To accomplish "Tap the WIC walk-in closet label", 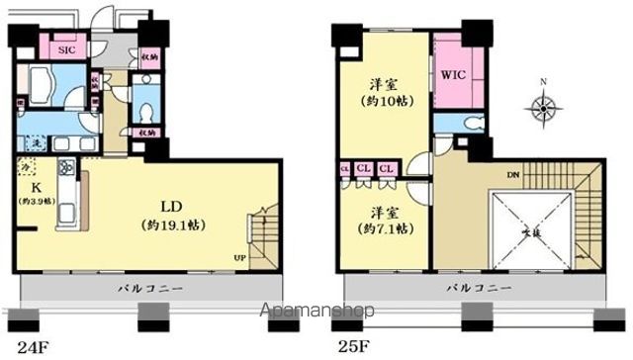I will tap(454, 74).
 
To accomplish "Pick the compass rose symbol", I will tap(543, 106).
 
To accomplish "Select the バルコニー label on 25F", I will tap(479, 287).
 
